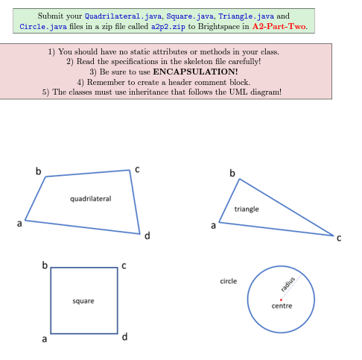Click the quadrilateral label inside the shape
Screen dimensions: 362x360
pos(90,199)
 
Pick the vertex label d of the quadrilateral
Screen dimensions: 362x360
pos(147,237)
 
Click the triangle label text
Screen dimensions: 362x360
pos(246,209)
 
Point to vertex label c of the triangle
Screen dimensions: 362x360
pos(338,239)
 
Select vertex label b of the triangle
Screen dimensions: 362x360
pos(232,174)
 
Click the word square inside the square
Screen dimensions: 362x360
pos(83,301)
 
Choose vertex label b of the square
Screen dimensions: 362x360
pos(44,265)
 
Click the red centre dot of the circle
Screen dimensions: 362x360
pos(280,300)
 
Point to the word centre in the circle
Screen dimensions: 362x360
pos(282,306)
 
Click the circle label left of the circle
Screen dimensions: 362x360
pos(228,281)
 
